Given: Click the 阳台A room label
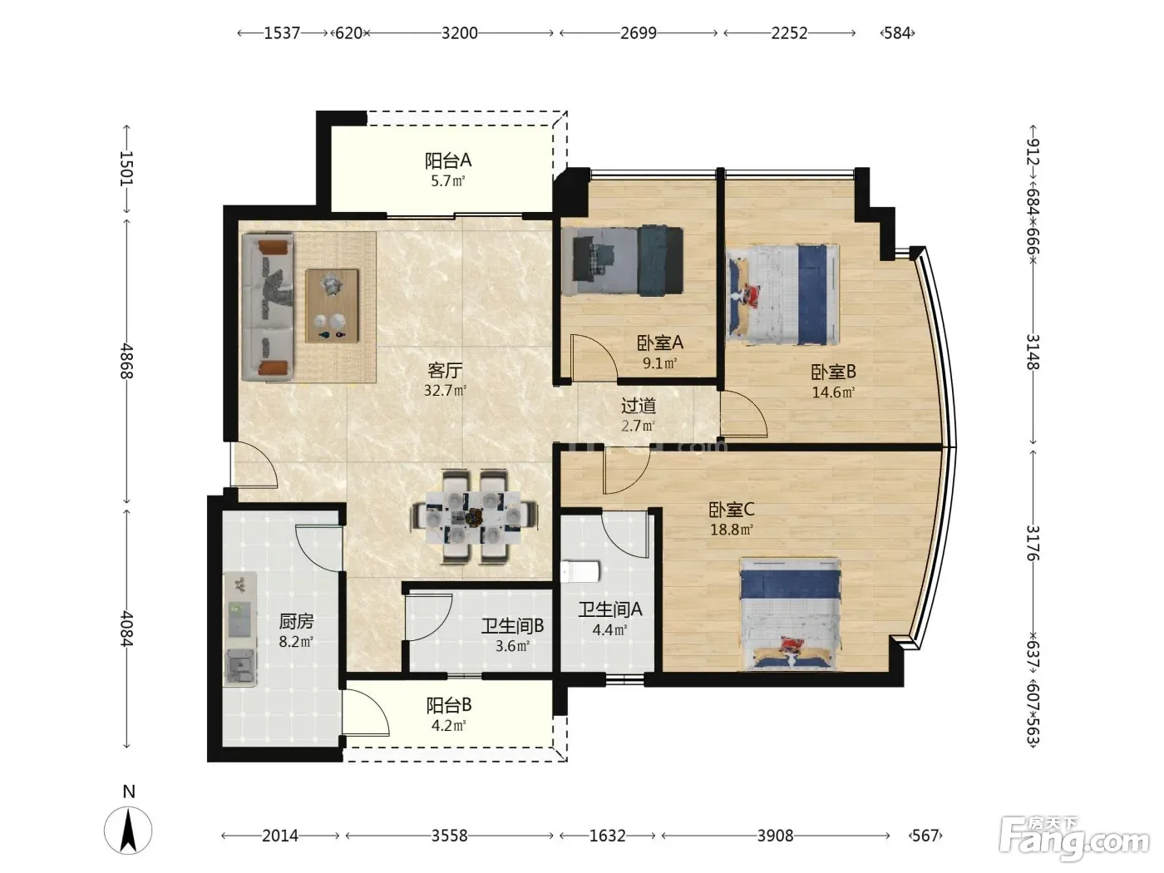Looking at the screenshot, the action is pyautogui.click(x=447, y=160).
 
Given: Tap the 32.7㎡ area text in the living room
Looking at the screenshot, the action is pyautogui.click(x=445, y=391).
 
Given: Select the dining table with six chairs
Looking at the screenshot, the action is pyautogui.click(x=474, y=515).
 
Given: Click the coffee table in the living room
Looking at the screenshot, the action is pyautogui.click(x=332, y=306).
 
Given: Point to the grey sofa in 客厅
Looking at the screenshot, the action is pyautogui.click(x=267, y=308).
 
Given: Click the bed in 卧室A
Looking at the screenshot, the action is pyautogui.click(x=623, y=261).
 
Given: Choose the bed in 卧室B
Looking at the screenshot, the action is pyautogui.click(x=782, y=294).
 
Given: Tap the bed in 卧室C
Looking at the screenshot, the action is pyautogui.click(x=791, y=614).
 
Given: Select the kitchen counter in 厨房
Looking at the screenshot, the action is pyautogui.click(x=240, y=629).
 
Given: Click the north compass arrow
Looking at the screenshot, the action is pyautogui.click(x=128, y=830).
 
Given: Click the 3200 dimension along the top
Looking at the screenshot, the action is pyautogui.click(x=460, y=33).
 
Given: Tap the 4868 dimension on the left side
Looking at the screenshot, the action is pyautogui.click(x=126, y=361).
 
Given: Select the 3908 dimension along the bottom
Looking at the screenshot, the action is pyautogui.click(x=775, y=836).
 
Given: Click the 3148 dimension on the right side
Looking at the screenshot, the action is pyautogui.click(x=1033, y=352).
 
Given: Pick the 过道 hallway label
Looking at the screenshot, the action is pyautogui.click(x=639, y=406).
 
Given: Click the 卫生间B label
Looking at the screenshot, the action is pyautogui.click(x=512, y=626).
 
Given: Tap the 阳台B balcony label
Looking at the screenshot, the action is pyautogui.click(x=449, y=705).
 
